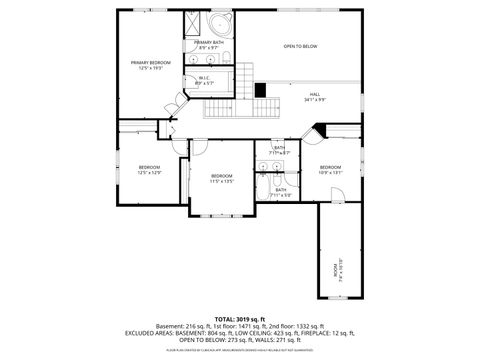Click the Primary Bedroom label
click(150, 65)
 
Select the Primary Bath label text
click(209, 45)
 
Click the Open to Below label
click(300, 46)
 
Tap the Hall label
click(315, 96)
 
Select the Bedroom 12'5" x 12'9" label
click(150, 169)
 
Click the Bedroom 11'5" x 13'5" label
click(221, 178)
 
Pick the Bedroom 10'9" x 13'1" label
click(330, 169)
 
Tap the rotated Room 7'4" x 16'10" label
click(337, 269)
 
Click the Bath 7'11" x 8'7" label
click(280, 150)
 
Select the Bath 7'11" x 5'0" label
click(281, 192)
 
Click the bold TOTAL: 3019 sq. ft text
click(239, 318)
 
